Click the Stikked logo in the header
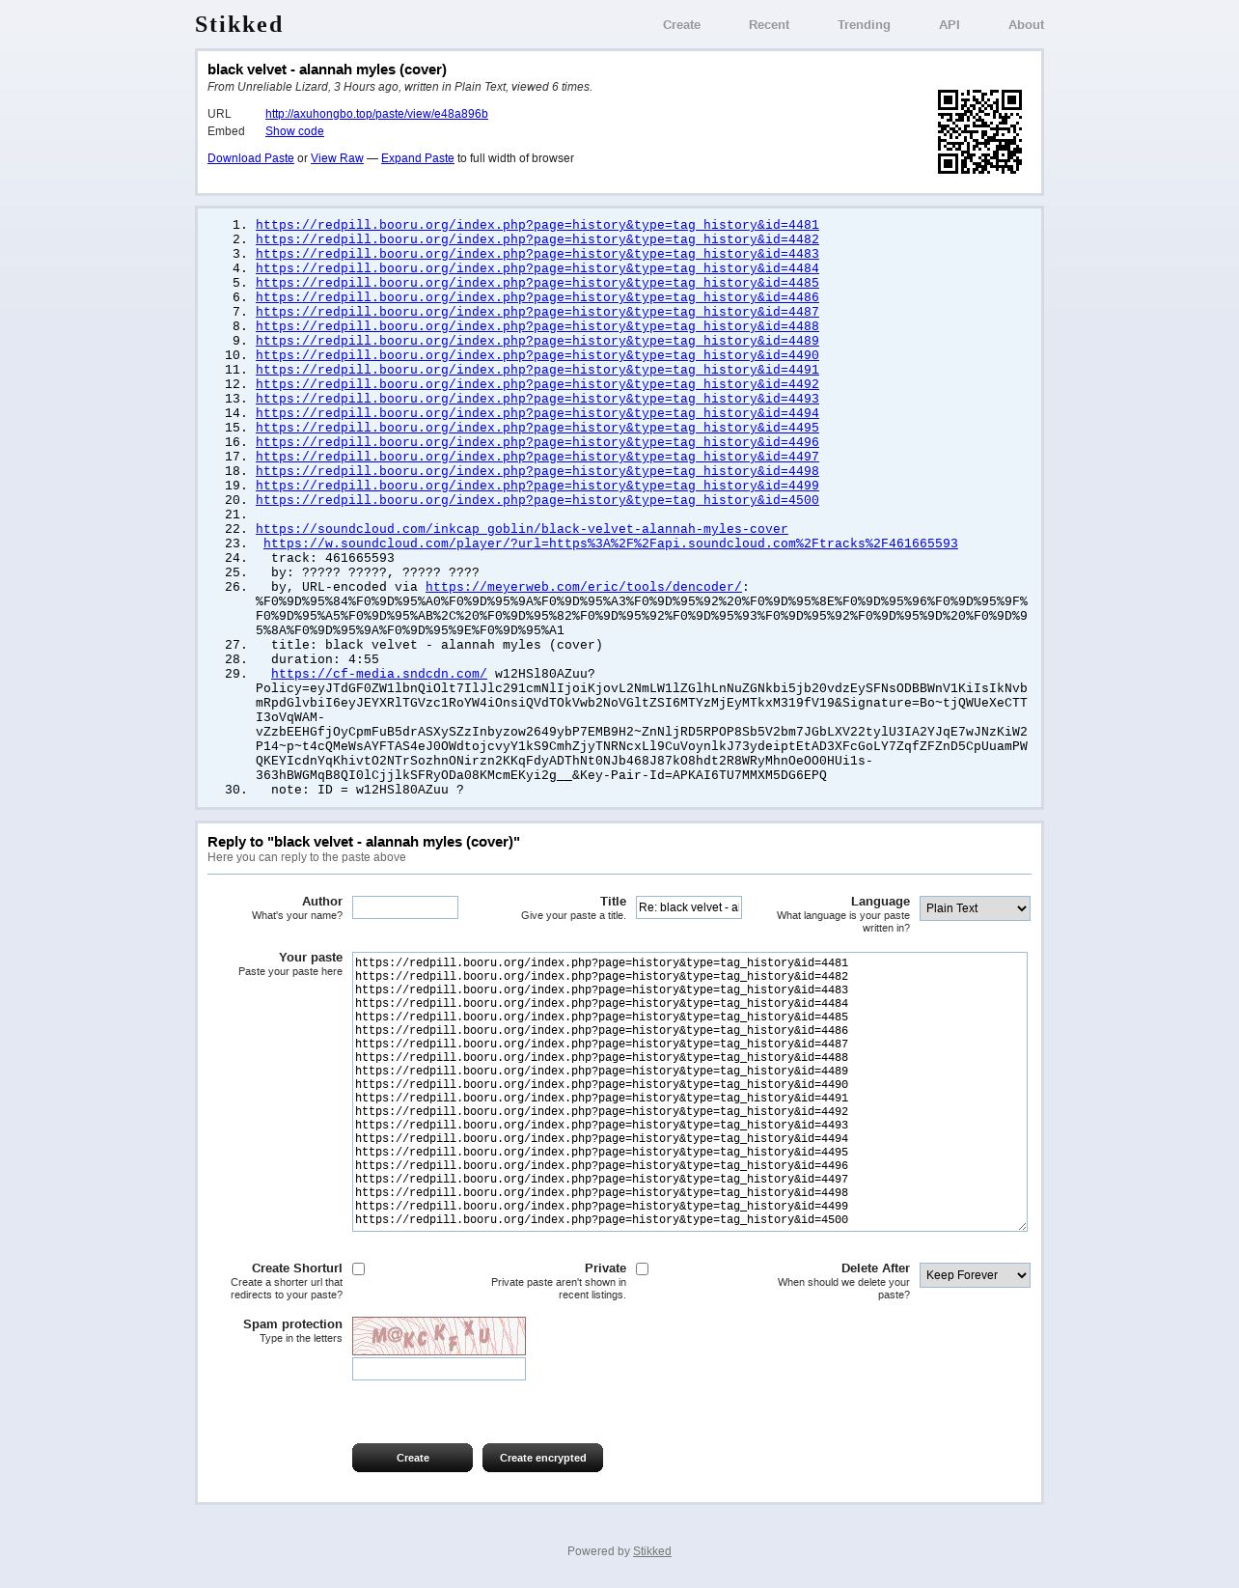click(x=238, y=24)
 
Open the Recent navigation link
click(x=768, y=25)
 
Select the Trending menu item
click(x=863, y=25)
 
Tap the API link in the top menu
click(x=949, y=25)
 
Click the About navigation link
click(x=1026, y=25)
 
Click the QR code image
click(x=979, y=131)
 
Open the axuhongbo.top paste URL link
click(x=376, y=114)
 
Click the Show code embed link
click(x=294, y=131)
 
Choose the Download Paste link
click(x=251, y=158)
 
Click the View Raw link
click(x=337, y=158)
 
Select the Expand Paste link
click(x=417, y=158)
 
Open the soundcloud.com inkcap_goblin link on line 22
click(x=521, y=529)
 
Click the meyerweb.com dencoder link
click(x=583, y=587)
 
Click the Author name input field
click(x=405, y=907)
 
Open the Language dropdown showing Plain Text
click(x=975, y=908)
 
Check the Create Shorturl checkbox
click(x=359, y=1269)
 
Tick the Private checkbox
click(x=643, y=1269)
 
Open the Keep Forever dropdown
click(x=975, y=1275)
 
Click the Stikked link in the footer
click(x=651, y=1551)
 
